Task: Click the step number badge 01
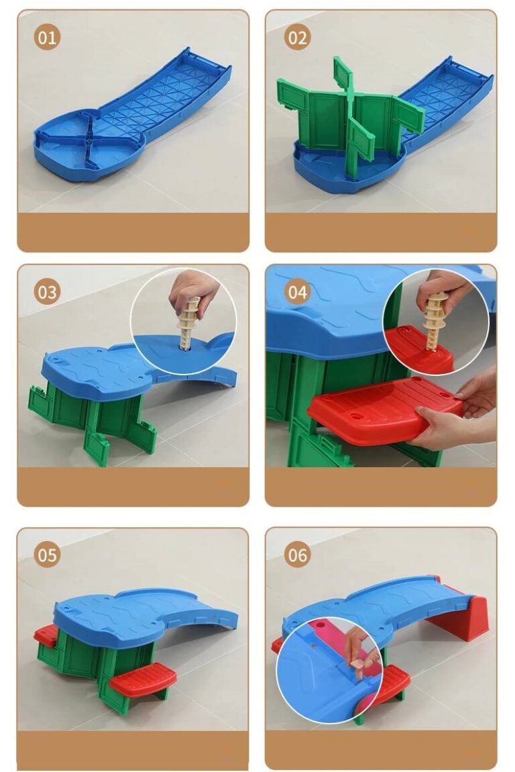tap(47, 38)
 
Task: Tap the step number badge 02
tap(297, 38)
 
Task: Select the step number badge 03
tap(47, 292)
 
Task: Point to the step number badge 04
tap(297, 292)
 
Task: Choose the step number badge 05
tap(47, 555)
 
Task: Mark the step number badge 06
tap(297, 555)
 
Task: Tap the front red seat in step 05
tap(143, 676)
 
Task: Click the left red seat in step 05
tap(45, 637)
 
